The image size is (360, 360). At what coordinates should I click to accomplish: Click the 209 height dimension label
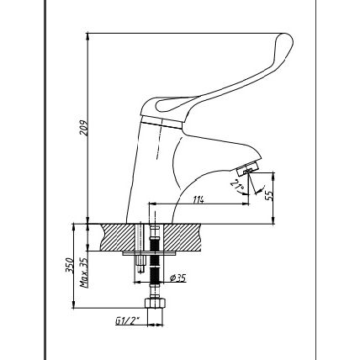coord(83,128)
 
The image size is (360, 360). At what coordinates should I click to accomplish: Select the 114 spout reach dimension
coord(199,199)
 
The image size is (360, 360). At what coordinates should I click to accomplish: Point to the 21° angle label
coord(237,185)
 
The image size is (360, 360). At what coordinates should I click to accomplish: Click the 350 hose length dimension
coord(69,265)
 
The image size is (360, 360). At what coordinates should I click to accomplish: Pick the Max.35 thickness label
coord(83,273)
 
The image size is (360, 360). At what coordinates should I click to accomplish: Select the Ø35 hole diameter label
coord(177,278)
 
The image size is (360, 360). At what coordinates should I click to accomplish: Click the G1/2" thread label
coord(127,320)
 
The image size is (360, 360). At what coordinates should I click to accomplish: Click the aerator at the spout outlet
coord(247,170)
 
